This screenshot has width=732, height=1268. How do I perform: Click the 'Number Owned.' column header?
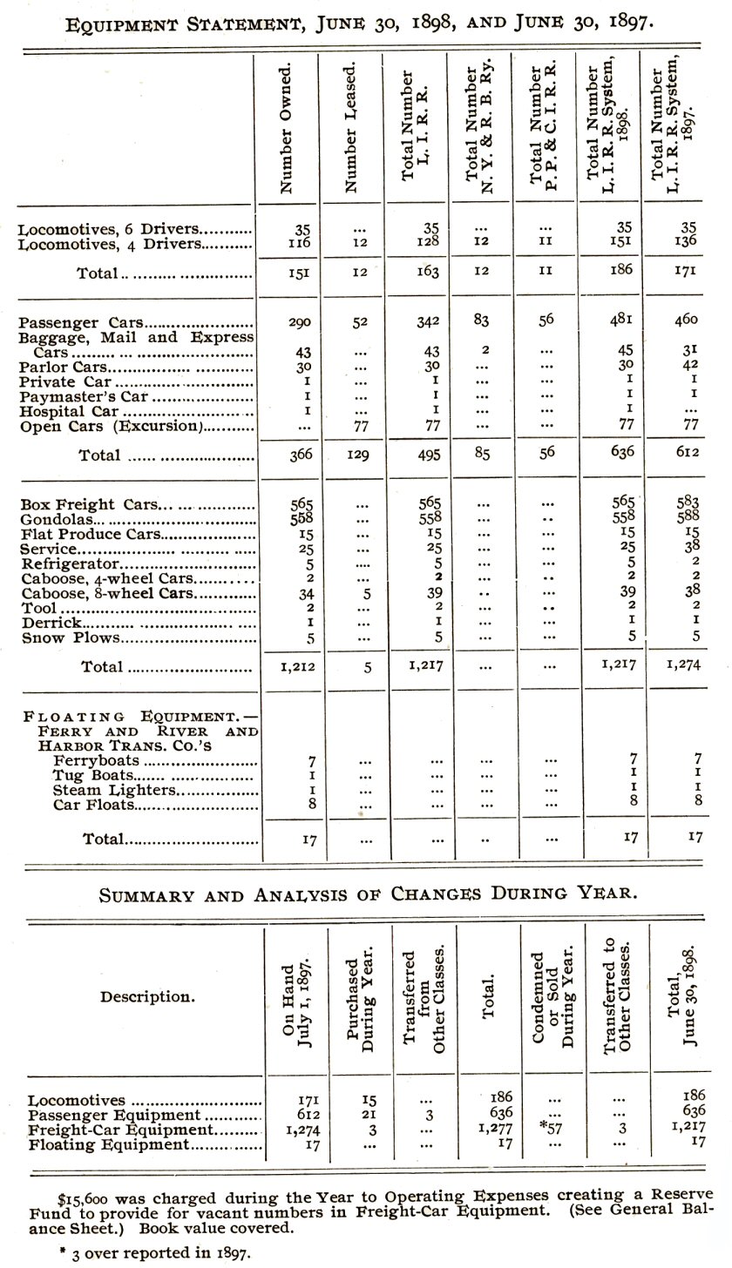coord(286,127)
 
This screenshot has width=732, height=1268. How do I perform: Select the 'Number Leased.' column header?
coord(350,127)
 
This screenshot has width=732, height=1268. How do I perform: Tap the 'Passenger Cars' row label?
coord(82,321)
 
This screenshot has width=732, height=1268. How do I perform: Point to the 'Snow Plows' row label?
coord(69,637)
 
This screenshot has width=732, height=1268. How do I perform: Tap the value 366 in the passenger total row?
coord(301,455)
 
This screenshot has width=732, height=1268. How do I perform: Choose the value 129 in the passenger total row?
coord(359,455)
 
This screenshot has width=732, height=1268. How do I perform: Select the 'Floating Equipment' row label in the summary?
coord(108,1145)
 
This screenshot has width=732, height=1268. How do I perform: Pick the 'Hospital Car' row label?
coord(69,411)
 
